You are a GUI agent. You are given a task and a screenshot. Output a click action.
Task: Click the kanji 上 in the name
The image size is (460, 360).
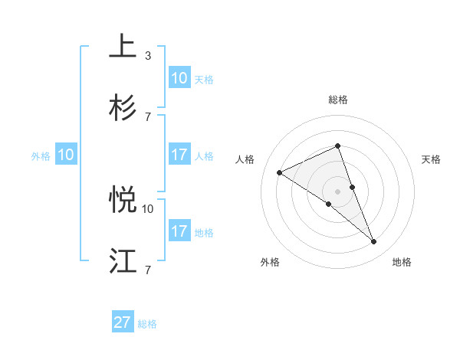click(x=123, y=47)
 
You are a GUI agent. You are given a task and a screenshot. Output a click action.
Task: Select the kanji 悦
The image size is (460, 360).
click(x=123, y=200)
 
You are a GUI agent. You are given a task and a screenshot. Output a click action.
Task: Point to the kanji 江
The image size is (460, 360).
click(x=123, y=260)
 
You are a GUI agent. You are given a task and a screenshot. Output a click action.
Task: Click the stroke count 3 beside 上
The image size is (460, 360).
click(x=148, y=56)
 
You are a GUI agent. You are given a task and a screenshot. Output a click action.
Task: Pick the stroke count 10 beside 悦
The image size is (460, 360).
click(x=148, y=208)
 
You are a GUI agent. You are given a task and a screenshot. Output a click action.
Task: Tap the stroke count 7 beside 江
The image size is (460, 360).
click(x=148, y=270)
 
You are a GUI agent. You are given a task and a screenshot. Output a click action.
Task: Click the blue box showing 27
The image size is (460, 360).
click(x=123, y=322)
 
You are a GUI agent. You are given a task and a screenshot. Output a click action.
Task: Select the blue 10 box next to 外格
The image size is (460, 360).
click(x=66, y=155)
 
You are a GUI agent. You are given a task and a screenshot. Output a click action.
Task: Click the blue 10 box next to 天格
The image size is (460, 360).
click(x=179, y=78)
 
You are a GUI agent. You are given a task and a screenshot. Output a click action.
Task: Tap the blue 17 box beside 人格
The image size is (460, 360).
click(x=179, y=155)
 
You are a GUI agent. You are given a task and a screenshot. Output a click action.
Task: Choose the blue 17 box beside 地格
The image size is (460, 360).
click(x=179, y=231)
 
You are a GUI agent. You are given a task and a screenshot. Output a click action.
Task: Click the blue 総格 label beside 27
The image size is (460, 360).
click(x=147, y=324)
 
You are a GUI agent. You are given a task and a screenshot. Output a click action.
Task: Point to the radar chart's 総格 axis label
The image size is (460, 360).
click(x=337, y=100)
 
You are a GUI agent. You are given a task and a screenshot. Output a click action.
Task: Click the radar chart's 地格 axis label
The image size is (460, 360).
click(x=402, y=262)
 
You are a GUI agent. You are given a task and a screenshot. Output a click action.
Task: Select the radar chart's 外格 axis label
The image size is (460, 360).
click(x=270, y=262)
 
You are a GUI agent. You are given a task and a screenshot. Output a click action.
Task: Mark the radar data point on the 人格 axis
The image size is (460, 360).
click(x=279, y=172)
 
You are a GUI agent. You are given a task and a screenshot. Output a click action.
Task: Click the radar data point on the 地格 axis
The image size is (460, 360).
click(x=374, y=242)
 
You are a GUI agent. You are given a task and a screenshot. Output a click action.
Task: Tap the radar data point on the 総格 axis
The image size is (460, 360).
click(x=337, y=146)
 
